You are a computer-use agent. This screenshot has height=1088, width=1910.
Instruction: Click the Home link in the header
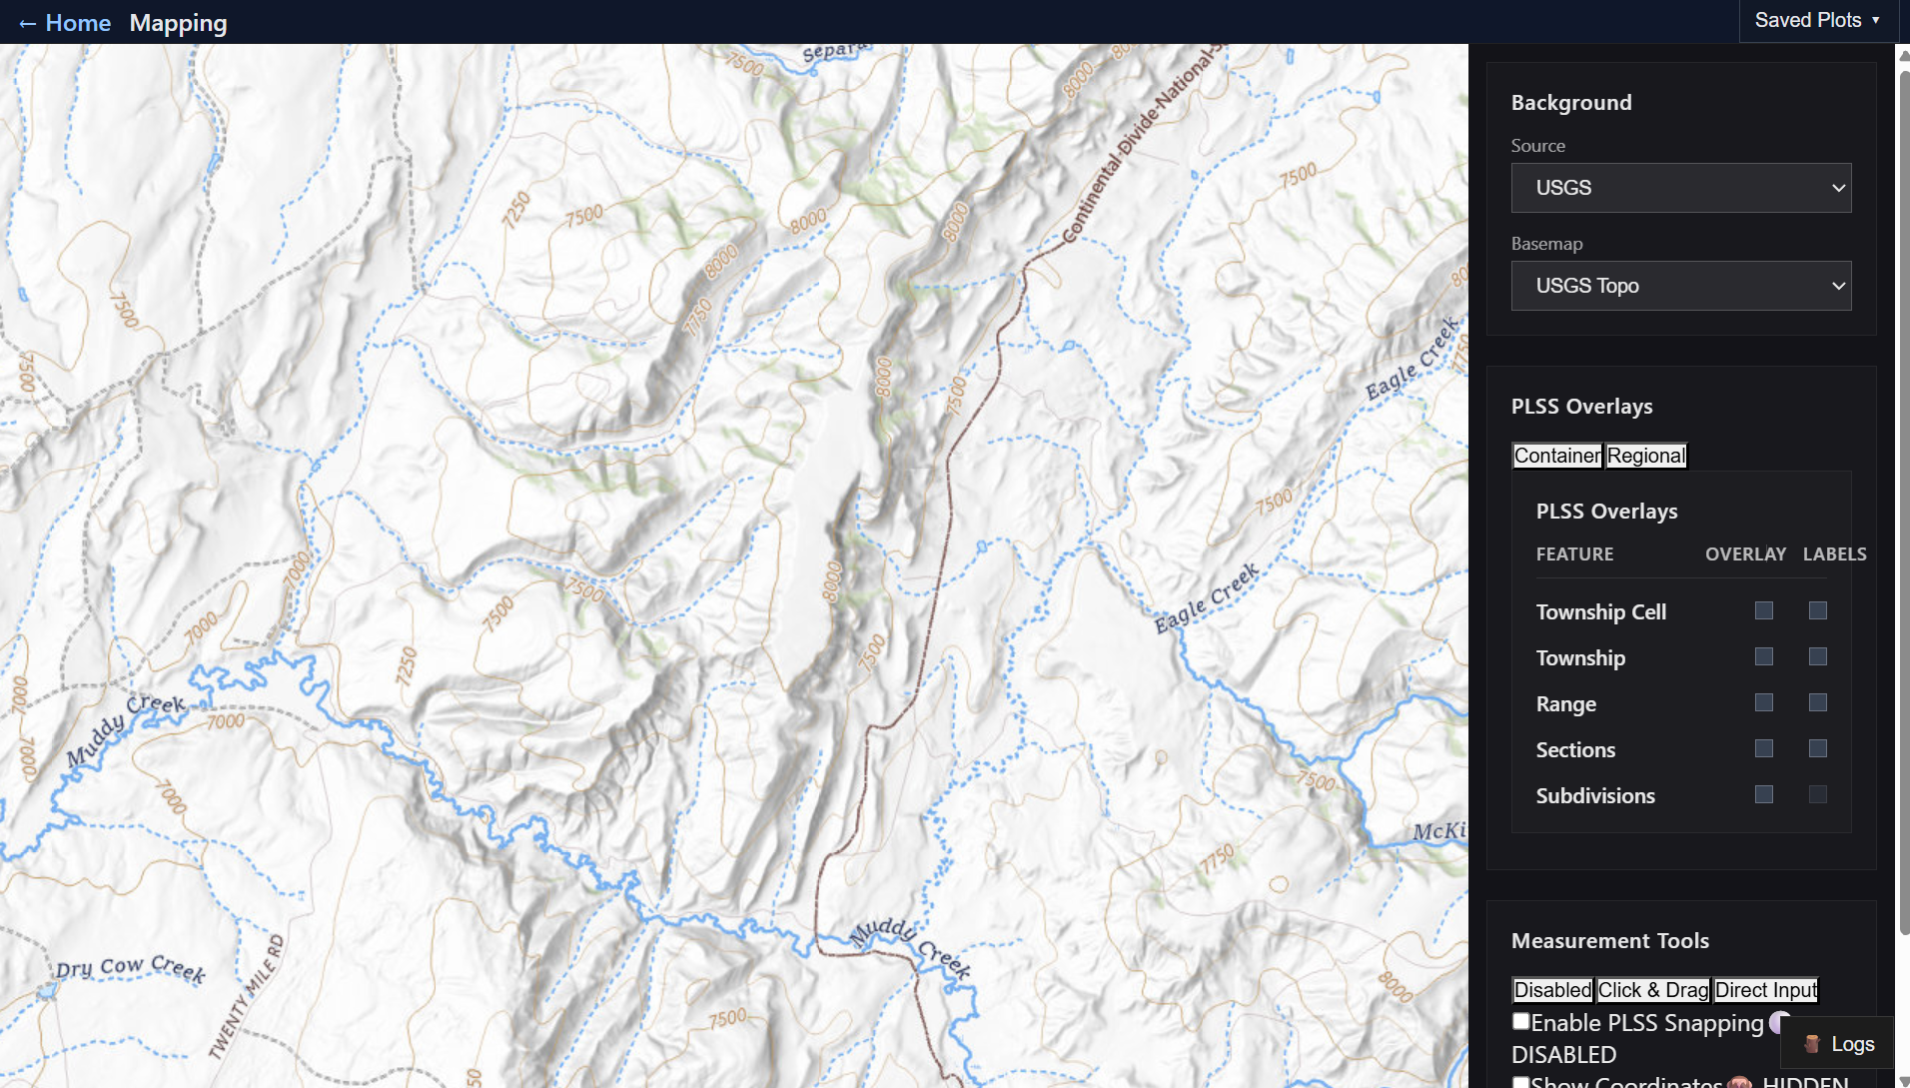66,23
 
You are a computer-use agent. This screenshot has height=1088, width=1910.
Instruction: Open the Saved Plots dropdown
1817,21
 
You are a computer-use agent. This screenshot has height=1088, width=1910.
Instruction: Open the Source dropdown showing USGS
1680,188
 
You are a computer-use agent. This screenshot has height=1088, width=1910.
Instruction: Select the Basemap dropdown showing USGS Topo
1680,286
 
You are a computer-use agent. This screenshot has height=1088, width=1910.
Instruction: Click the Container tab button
1556,456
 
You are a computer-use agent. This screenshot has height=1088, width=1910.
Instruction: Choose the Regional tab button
1645,456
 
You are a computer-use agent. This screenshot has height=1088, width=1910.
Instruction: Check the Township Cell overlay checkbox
1764,610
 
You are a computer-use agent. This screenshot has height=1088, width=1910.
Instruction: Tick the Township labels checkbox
1818,656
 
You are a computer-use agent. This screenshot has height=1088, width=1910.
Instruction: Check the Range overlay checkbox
1764,702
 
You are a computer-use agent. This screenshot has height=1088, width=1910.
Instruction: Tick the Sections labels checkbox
1818,748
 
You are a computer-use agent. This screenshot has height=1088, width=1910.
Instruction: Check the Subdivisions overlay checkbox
1764,794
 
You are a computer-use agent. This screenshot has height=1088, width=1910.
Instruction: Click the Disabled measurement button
1552,990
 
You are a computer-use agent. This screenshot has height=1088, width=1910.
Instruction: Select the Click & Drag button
1653,990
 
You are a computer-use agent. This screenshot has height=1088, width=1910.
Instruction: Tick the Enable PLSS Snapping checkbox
1520,1021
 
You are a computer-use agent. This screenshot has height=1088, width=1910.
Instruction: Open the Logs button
1839,1044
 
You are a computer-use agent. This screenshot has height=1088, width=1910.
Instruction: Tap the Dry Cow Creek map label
130,967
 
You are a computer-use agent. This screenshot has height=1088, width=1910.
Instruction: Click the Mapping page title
178,23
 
